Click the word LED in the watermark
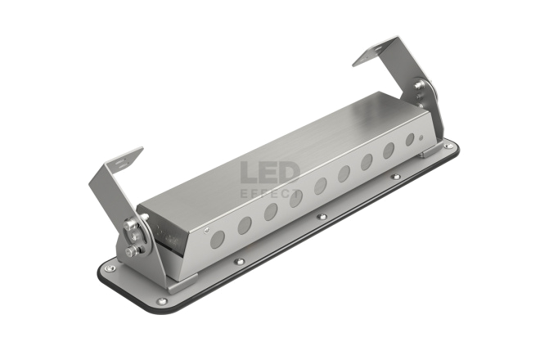click(270, 173)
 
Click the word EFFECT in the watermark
click(270, 194)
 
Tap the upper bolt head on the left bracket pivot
click(129, 225)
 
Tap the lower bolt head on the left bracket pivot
click(132, 251)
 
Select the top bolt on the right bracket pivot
click(419, 84)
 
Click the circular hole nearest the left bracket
click(218, 240)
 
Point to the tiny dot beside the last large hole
click(421, 137)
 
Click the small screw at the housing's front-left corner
click(206, 230)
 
